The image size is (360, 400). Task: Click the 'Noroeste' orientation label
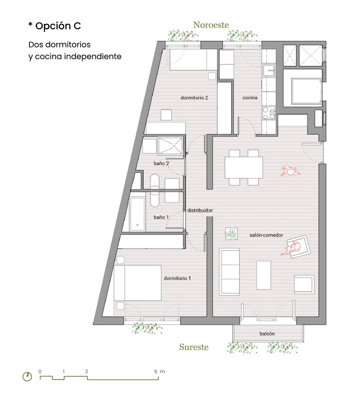pyautogui.click(x=211, y=25)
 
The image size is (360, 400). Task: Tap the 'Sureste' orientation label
pyautogui.click(x=194, y=347)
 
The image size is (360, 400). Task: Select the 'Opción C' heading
pyautogui.click(x=58, y=26)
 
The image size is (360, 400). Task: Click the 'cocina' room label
pyautogui.click(x=250, y=98)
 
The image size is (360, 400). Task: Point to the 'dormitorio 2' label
pyautogui.click(x=194, y=98)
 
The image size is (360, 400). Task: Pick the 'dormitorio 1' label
pyautogui.click(x=177, y=278)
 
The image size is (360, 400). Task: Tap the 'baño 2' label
pyautogui.click(x=161, y=163)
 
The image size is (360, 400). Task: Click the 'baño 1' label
pyautogui.click(x=161, y=217)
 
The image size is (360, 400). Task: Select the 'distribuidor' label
pyautogui.click(x=200, y=210)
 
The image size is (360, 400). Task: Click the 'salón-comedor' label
pyautogui.click(x=266, y=235)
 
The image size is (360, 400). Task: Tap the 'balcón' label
pyautogui.click(x=267, y=334)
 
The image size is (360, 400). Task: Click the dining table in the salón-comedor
pyautogui.click(x=244, y=167)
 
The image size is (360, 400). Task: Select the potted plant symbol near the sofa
pyautogui.click(x=232, y=234)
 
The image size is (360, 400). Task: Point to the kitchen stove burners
pyautogui.click(x=269, y=113)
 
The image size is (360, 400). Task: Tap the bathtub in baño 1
pyautogui.click(x=138, y=214)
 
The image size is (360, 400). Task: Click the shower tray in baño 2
pyautogui.click(x=170, y=146)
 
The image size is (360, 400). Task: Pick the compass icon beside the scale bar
pyautogui.click(x=27, y=376)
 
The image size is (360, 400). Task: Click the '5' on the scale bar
pyautogui.click(x=156, y=372)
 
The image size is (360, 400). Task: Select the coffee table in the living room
pyautogui.click(x=264, y=275)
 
